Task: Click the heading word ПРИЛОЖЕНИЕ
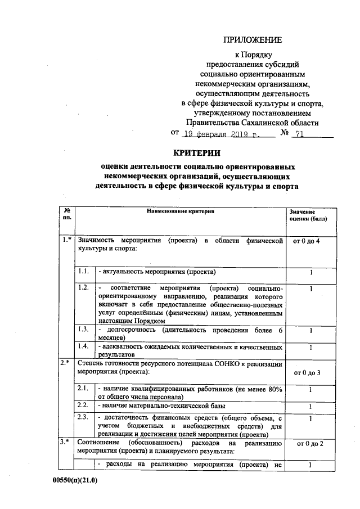coord(252,39)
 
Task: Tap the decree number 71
coord(298,134)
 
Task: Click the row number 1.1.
coord(83,272)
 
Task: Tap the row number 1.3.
coord(83,329)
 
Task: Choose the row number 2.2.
coord(83,406)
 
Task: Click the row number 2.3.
coord(83,417)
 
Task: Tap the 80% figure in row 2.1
coord(272,389)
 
